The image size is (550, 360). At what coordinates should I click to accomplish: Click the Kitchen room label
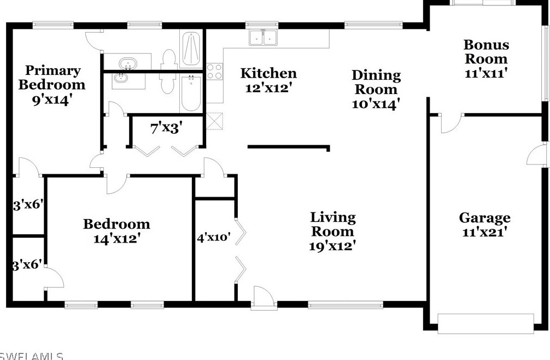[x=268, y=73]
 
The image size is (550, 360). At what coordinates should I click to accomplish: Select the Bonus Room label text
[x=486, y=51]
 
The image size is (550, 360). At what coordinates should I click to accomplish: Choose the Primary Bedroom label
[x=52, y=77]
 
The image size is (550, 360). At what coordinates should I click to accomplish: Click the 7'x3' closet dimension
[x=166, y=129]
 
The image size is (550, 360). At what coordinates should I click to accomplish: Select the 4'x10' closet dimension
[x=214, y=237]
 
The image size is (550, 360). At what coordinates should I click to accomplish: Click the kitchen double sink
[x=264, y=37]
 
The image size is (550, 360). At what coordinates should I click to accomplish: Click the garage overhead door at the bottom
[x=486, y=323]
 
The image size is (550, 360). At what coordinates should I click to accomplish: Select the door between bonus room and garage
[x=451, y=122]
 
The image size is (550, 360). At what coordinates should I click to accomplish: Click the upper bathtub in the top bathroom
[x=191, y=49]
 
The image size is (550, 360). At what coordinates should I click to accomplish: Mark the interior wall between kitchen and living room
[x=288, y=146]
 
